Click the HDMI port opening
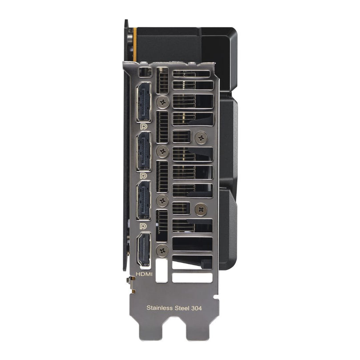pos(144,250)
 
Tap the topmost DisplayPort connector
pos(144,102)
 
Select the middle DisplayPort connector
pos(144,152)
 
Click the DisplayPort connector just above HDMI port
pos(144,201)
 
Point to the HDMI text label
pos(144,274)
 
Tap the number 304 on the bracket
pos(196,308)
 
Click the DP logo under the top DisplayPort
pos(143,126)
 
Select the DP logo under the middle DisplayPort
pos(143,176)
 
